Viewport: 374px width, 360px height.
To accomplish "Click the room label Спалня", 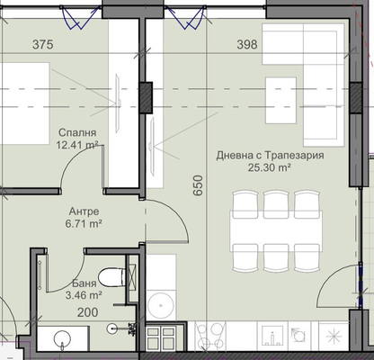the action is [x=77, y=132].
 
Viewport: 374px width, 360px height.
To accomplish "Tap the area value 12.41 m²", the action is [x=77, y=146].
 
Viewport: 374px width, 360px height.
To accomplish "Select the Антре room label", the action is [x=84, y=211].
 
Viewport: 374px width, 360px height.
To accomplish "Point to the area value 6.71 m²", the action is [x=84, y=223].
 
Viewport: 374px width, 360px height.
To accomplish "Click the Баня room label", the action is [x=85, y=283].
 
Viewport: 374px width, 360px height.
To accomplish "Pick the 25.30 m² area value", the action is [x=270, y=167].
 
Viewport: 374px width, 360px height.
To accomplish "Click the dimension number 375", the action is [x=43, y=45].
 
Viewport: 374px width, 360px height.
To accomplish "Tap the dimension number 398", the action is [x=247, y=45].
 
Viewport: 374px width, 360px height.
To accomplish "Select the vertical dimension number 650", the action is [x=198, y=185].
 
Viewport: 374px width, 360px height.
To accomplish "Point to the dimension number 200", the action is [x=88, y=312].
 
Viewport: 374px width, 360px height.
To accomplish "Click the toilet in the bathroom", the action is [x=111, y=277].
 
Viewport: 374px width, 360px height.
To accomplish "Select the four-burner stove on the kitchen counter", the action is [x=209, y=336].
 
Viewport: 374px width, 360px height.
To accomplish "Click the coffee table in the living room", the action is [x=281, y=100].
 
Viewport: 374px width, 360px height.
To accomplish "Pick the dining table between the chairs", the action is [x=276, y=231].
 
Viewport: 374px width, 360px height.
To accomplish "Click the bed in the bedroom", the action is [x=24, y=103].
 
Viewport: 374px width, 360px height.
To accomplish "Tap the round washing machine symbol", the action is [x=161, y=305].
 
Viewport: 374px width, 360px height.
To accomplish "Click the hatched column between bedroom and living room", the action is [x=146, y=97].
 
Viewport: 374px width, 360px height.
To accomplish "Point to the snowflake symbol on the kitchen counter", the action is [x=334, y=337].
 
